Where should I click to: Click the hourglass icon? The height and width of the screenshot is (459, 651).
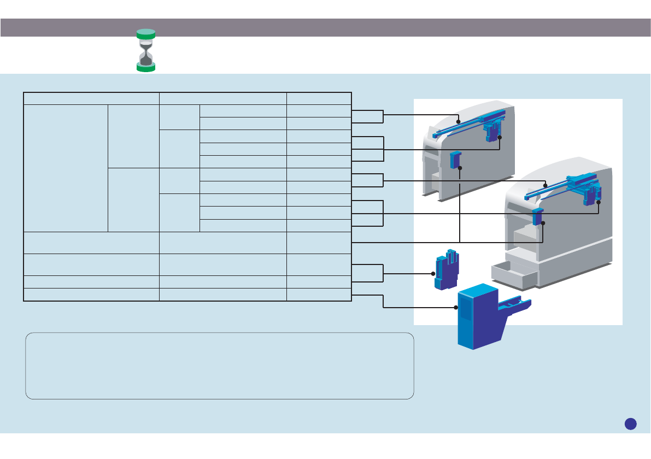pos(146,50)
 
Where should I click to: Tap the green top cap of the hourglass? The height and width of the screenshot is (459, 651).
pos(146,33)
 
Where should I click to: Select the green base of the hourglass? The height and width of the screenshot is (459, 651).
pos(146,67)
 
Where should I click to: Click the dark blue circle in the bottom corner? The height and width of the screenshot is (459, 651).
pos(631,423)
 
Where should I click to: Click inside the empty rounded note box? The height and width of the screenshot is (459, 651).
pos(219,366)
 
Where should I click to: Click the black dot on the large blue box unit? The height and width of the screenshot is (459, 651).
pos(456,308)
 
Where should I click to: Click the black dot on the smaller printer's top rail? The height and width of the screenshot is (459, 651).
pos(458,122)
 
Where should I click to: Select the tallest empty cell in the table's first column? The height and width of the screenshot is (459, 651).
pos(66,168)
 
